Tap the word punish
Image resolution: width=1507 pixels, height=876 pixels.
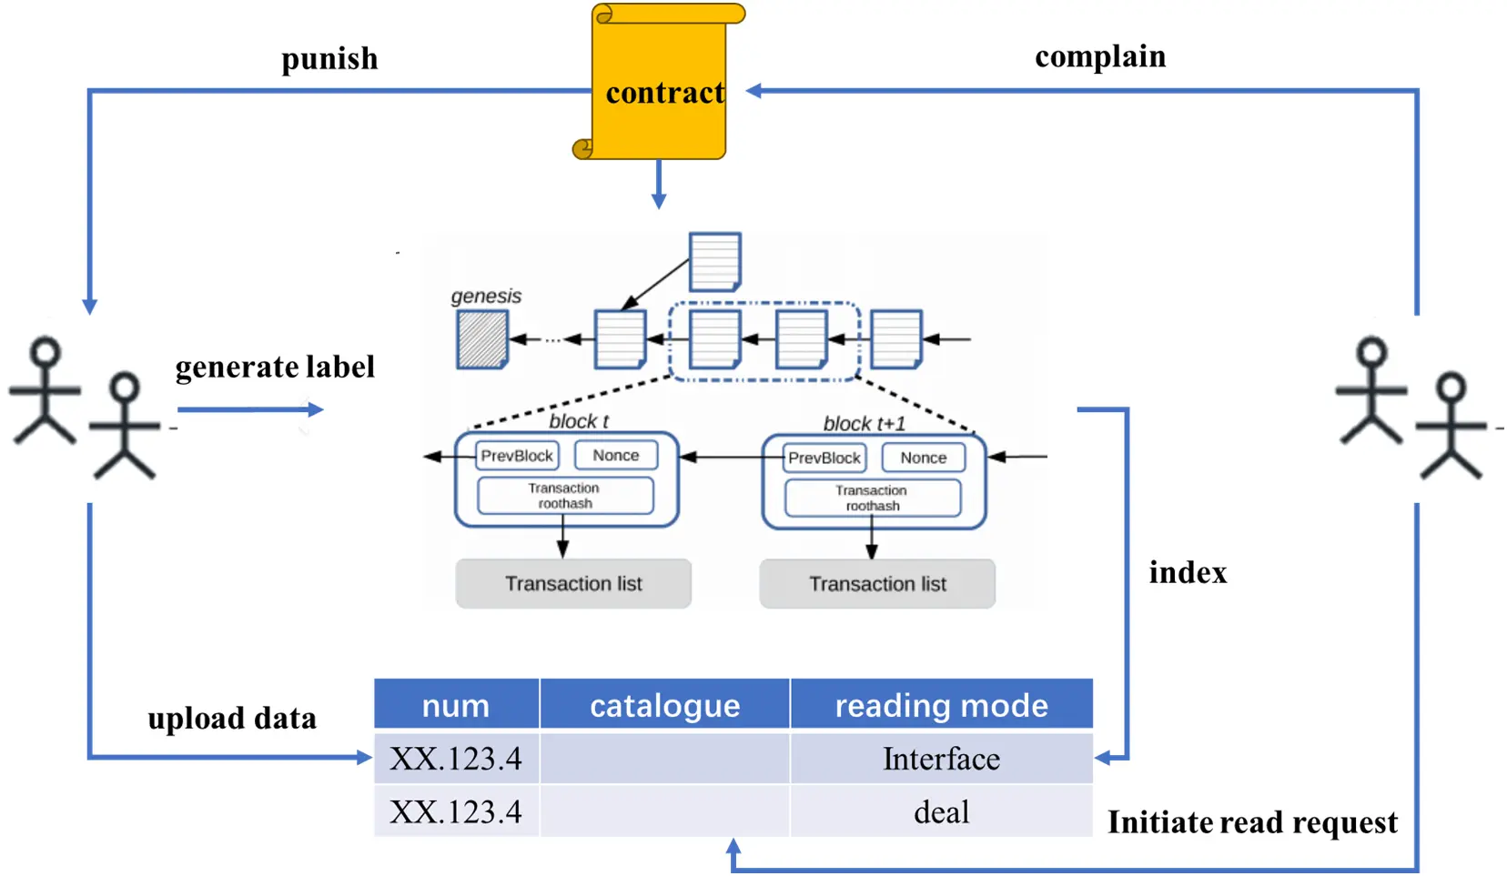(329, 59)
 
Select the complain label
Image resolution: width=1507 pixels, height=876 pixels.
(1099, 56)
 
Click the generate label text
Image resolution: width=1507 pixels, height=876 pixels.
(275, 367)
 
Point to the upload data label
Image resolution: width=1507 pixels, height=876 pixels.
(232, 719)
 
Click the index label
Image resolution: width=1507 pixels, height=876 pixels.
(1187, 573)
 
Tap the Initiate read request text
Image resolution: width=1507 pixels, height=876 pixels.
(1251, 822)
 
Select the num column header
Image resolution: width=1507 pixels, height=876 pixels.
(456, 705)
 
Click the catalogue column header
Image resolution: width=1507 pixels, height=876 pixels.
(664, 705)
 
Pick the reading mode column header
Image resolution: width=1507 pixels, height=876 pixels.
(941, 705)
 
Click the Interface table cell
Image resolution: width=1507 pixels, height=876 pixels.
(941, 759)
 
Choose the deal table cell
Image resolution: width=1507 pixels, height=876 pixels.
(941, 811)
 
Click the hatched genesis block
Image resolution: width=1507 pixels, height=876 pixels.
(481, 339)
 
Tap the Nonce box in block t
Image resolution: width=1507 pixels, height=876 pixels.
(615, 455)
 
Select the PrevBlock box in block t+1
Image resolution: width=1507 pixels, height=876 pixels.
(824, 458)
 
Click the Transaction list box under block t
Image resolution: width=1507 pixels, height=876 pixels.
(573, 584)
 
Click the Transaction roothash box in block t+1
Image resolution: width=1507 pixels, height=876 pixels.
(872, 498)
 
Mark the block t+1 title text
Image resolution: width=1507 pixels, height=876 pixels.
(864, 424)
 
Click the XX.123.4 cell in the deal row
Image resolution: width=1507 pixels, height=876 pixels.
(456, 811)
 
